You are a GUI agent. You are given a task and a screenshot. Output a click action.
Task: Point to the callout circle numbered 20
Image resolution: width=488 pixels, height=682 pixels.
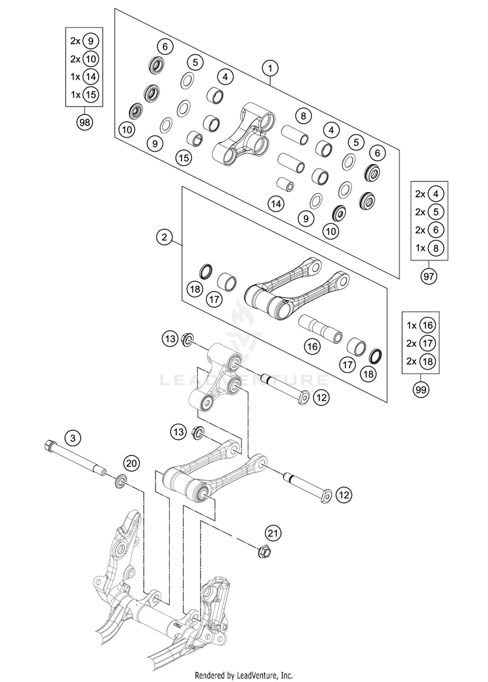131,463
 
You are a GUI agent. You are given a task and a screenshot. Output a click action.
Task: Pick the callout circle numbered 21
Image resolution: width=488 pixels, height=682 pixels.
274,534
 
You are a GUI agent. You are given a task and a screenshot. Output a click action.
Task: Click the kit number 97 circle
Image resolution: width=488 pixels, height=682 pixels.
428,276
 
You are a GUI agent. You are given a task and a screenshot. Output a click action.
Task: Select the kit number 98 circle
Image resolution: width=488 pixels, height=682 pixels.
84,122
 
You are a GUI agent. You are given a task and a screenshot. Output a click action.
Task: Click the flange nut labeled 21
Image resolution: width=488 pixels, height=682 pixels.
265,551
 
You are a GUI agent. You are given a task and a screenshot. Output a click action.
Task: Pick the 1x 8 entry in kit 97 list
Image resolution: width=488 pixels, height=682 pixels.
428,248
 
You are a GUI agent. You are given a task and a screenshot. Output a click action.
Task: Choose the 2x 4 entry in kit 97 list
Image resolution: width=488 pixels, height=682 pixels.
428,193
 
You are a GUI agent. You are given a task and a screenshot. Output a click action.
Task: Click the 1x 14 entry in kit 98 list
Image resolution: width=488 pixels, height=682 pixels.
84,76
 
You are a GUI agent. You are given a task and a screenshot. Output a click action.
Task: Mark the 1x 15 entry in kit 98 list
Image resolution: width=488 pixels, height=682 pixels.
84,94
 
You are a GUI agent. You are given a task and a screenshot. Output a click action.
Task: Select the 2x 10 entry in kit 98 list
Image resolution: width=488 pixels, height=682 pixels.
84,58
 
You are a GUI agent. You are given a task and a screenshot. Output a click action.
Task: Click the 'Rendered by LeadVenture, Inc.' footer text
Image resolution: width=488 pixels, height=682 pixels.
244,675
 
